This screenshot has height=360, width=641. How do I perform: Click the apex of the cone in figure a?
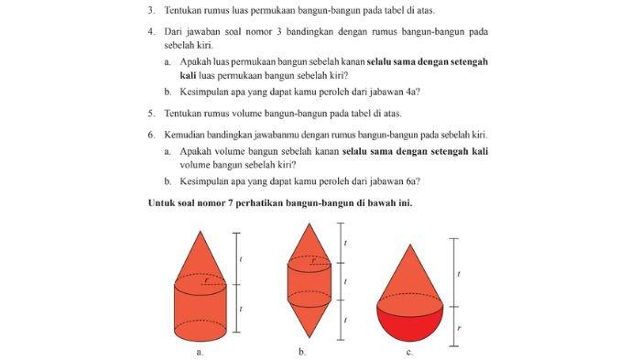[201, 230]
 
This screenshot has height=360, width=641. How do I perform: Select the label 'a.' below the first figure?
[200, 351]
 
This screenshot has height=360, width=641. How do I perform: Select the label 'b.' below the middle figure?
[302, 351]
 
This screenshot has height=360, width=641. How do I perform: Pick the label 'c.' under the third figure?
[409, 351]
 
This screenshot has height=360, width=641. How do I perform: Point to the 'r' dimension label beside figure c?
[460, 325]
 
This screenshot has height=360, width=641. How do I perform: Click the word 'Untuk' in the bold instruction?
[163, 202]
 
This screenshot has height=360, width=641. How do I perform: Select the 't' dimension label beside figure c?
[459, 273]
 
